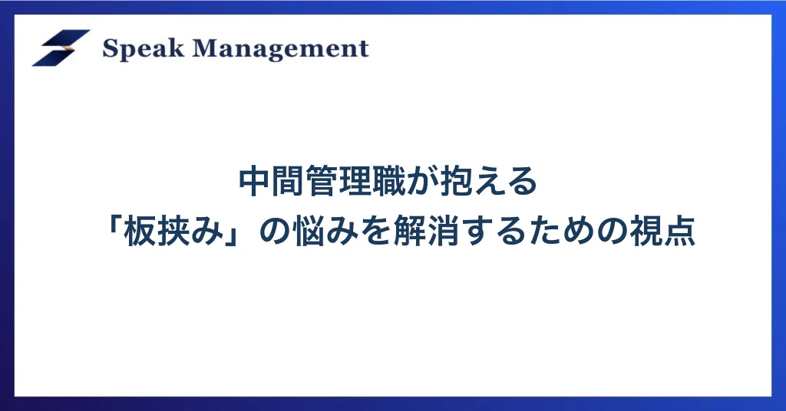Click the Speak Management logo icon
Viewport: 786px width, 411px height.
61,48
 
